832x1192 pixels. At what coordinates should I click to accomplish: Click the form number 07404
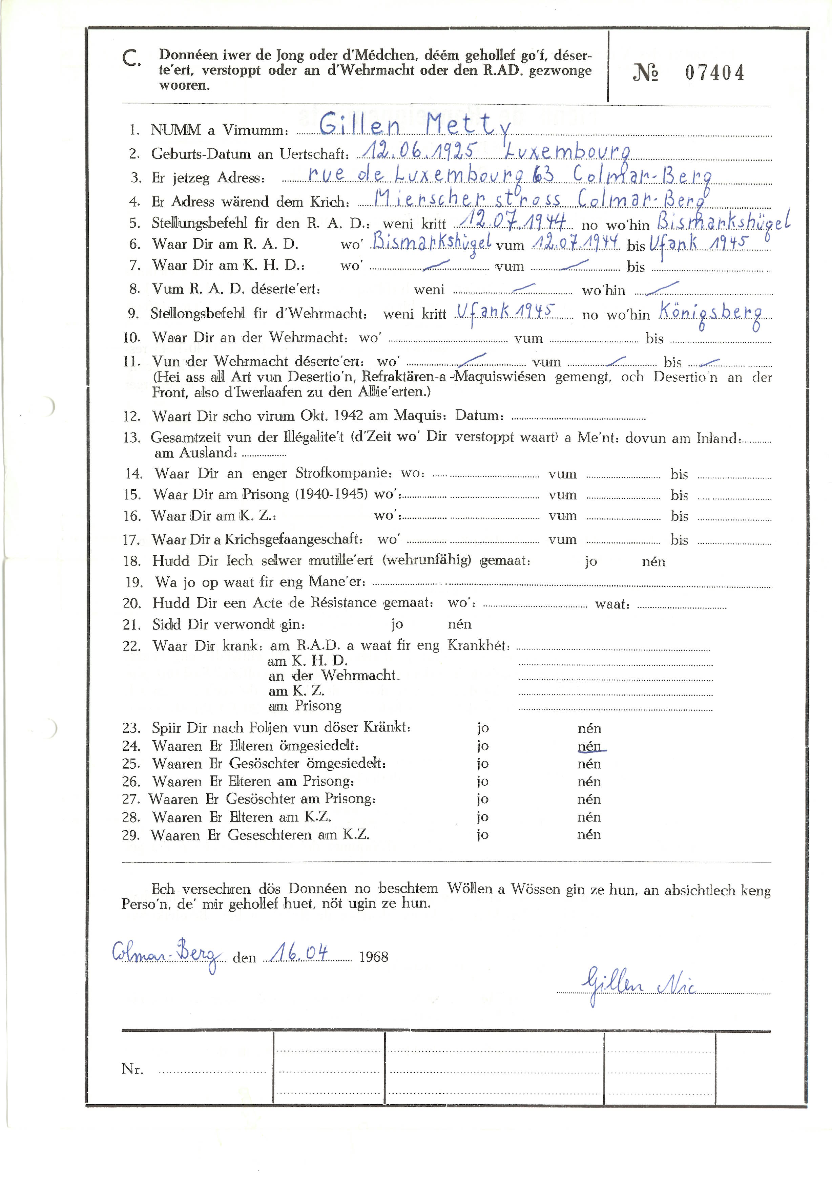point(714,73)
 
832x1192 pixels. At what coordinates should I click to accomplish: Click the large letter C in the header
point(131,59)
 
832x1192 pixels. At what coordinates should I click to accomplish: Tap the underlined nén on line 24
point(590,746)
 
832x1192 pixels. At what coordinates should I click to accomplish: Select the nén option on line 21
point(460,624)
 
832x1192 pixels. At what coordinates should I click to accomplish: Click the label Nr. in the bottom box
point(132,1069)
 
